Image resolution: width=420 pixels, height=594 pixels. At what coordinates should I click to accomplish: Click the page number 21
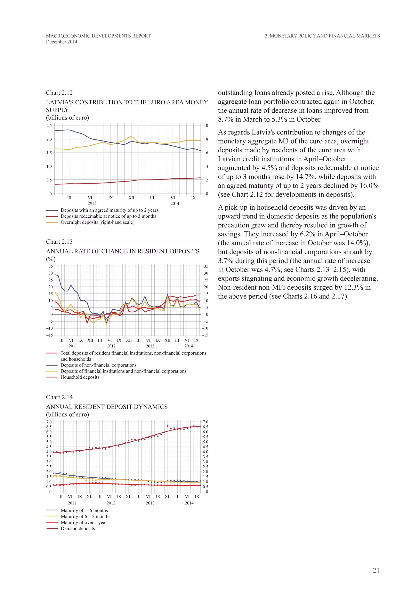pos(376,570)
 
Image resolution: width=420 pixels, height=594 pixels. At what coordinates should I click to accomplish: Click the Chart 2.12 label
pos(59,93)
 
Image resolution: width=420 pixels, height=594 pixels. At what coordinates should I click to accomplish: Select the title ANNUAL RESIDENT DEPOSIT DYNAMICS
pos(107,407)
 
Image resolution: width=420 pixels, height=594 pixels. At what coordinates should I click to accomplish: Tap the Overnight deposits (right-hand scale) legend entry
pos(97,222)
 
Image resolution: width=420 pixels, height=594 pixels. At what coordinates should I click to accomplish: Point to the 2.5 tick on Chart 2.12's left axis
pos(49,126)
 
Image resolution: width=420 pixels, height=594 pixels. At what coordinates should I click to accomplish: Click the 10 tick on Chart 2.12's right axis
pos(206,126)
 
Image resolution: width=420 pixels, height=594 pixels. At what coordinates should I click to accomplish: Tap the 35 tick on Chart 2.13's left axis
pos(50,266)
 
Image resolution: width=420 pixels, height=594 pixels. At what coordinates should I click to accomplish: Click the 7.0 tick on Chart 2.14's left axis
pos(49,422)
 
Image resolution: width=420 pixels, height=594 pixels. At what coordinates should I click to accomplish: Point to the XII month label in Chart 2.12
pos(131,198)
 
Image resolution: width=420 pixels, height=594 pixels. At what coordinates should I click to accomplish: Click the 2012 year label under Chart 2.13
pos(111,346)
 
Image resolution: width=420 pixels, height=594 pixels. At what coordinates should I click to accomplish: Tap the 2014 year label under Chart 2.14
pos(189,503)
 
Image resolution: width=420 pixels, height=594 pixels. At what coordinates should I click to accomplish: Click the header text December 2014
pos(62,42)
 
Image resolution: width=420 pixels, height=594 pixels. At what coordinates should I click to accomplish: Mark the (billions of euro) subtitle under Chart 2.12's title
pos(67,118)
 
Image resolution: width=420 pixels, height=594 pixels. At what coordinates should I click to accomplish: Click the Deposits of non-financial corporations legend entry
pos(98,365)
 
